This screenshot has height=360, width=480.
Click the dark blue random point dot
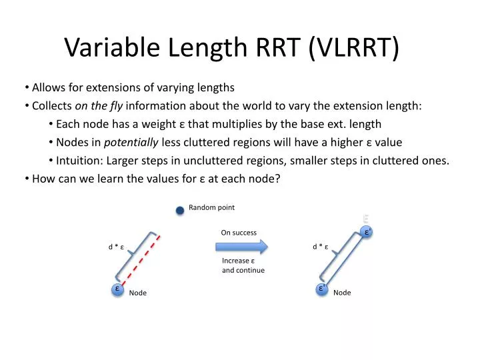[x=180, y=211]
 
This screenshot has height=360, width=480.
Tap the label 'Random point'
[x=211, y=207]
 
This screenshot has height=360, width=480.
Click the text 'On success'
[x=239, y=233]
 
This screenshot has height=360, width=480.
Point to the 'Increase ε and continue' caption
[x=243, y=265]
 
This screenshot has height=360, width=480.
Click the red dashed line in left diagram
[x=140, y=261]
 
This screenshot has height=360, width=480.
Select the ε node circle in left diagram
[x=117, y=289]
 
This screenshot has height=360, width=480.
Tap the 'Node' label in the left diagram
[x=138, y=293]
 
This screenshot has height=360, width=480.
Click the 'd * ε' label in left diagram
[x=118, y=247]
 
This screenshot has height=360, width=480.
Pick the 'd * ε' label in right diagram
[x=322, y=247]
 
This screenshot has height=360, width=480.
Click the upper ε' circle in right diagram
[x=366, y=232]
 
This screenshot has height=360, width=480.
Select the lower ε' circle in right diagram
[x=321, y=289]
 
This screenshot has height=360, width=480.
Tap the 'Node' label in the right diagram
[x=342, y=293]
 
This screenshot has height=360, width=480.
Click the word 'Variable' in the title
[x=109, y=47]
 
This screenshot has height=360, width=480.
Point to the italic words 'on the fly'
[x=99, y=105]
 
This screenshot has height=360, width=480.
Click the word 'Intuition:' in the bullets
[x=80, y=160]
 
